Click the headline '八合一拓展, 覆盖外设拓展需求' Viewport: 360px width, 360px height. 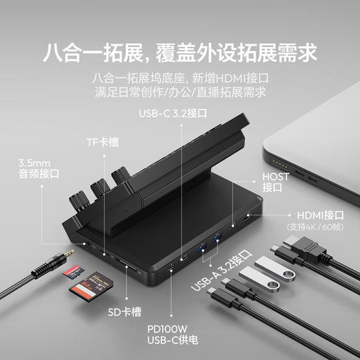tap(180, 52)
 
